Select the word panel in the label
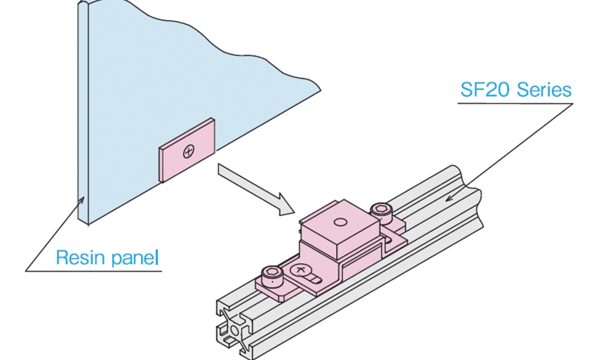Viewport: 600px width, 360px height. [x=135, y=258]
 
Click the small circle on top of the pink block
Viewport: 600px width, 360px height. [x=340, y=222]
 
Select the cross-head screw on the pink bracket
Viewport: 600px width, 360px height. [x=299, y=272]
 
